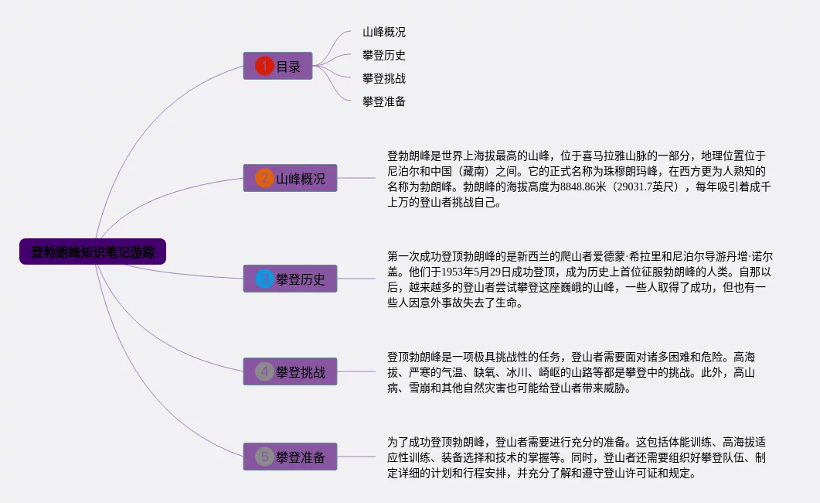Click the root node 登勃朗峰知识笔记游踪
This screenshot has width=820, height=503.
[x=93, y=251]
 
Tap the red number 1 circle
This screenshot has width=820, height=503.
[x=264, y=67]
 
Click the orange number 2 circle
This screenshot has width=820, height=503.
[x=264, y=179]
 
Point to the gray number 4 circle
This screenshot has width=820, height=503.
[x=264, y=372]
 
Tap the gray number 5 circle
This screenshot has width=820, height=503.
[x=264, y=457]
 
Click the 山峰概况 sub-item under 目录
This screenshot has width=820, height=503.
[x=384, y=33]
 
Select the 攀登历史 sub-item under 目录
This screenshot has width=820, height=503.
[x=384, y=56]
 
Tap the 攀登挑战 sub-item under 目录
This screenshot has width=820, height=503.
[x=384, y=78]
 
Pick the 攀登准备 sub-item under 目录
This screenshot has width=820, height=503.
[x=384, y=101]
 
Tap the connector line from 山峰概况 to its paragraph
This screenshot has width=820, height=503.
[x=357, y=178]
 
